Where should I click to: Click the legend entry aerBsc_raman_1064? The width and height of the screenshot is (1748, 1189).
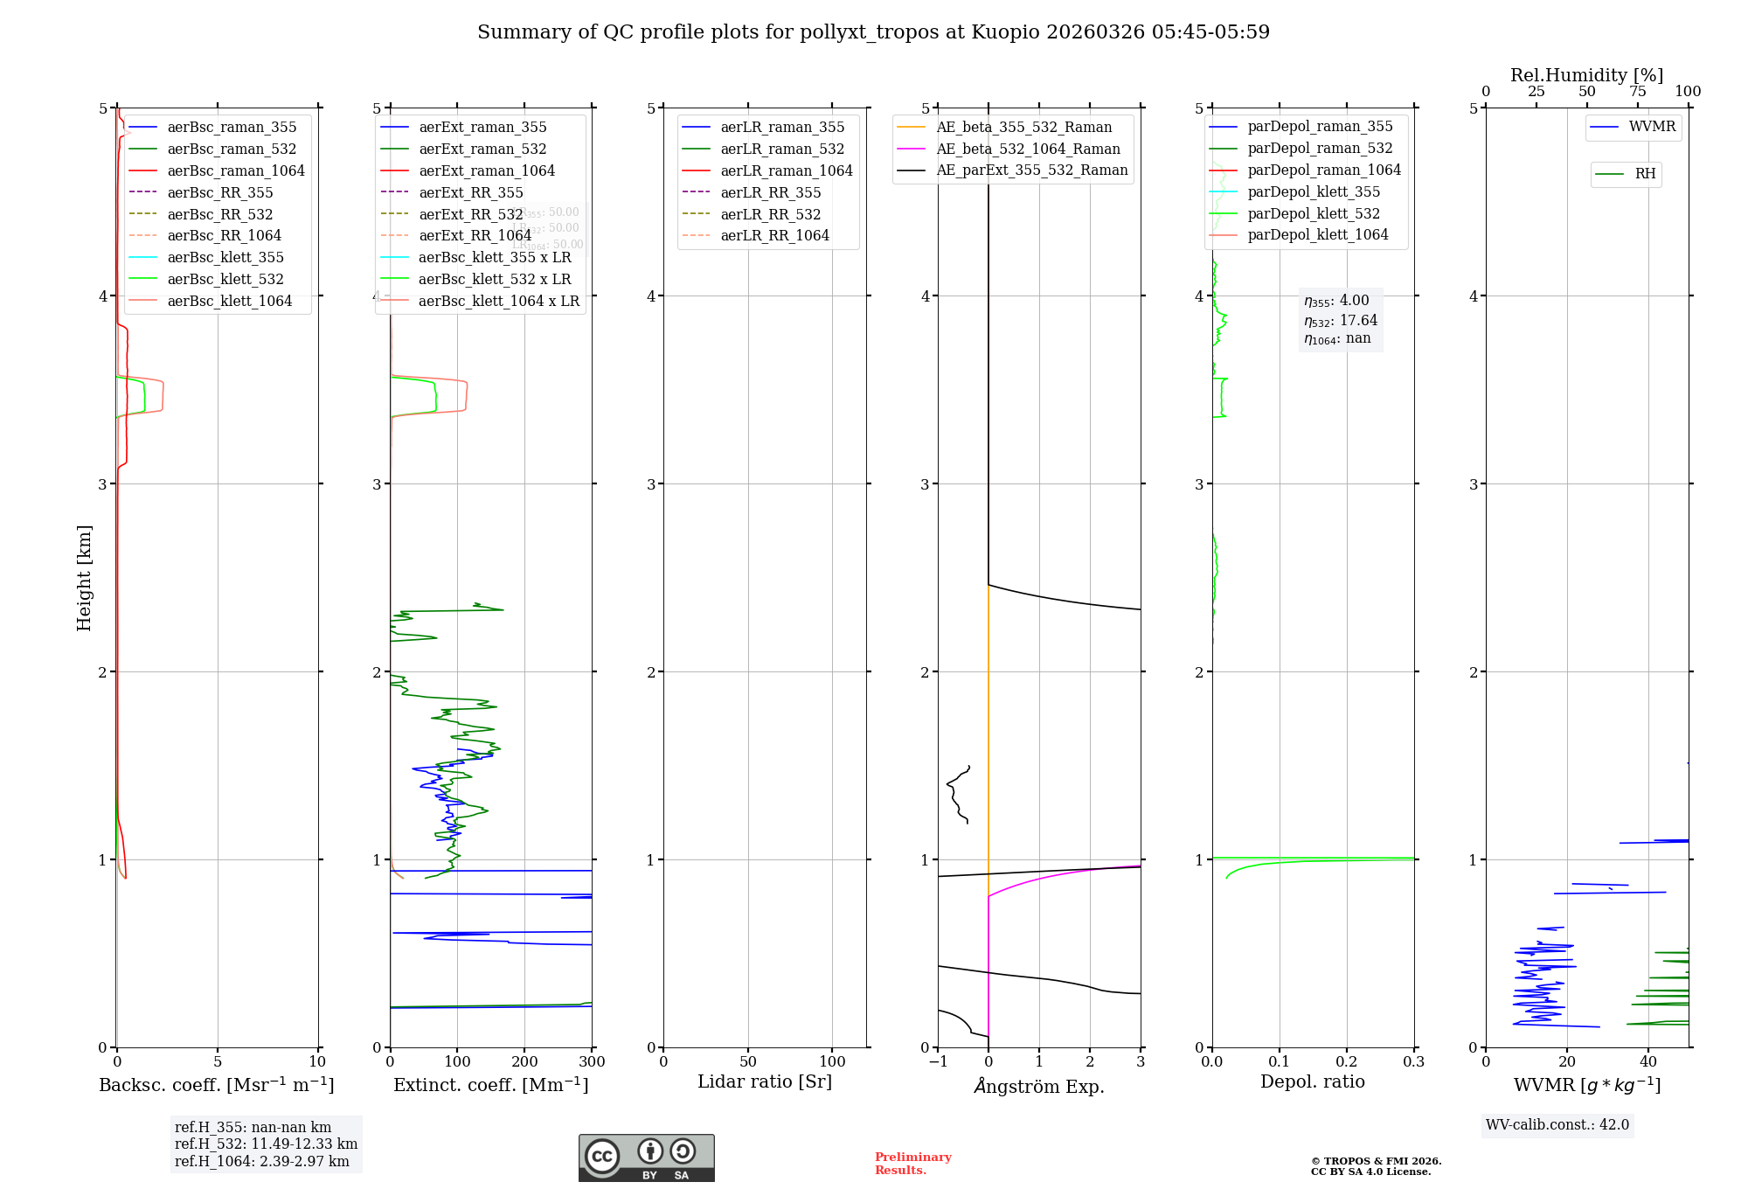click(236, 170)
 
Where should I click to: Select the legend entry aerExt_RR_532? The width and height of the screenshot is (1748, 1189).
click(471, 214)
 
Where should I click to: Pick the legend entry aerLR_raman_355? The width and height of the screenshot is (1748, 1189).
click(782, 128)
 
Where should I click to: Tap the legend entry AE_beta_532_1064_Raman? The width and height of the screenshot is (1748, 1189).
click(1028, 149)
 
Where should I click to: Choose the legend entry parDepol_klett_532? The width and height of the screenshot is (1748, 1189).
click(1314, 213)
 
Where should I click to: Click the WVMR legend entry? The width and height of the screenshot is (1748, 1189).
click(1652, 127)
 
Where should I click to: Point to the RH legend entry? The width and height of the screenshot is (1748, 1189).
click(1645, 174)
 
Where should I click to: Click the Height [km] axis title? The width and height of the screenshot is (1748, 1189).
click(84, 577)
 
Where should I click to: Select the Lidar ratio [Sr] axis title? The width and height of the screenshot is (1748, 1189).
click(765, 1081)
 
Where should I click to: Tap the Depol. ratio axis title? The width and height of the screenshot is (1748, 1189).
click(1312, 1081)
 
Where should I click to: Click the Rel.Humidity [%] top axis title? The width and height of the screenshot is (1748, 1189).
click(1586, 75)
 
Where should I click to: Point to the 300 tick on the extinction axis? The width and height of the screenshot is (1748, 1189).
click(592, 1062)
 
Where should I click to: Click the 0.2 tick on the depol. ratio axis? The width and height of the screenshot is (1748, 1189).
click(1347, 1062)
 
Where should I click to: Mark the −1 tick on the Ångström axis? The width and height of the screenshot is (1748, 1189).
click(938, 1062)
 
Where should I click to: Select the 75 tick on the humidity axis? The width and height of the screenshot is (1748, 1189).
click(1637, 92)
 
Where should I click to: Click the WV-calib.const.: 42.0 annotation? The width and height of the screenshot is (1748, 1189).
click(1557, 1125)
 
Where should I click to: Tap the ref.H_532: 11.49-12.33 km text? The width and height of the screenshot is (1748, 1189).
click(266, 1144)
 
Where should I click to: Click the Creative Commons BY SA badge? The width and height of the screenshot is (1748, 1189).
click(646, 1158)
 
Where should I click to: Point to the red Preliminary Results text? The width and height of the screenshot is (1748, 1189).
click(912, 1164)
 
